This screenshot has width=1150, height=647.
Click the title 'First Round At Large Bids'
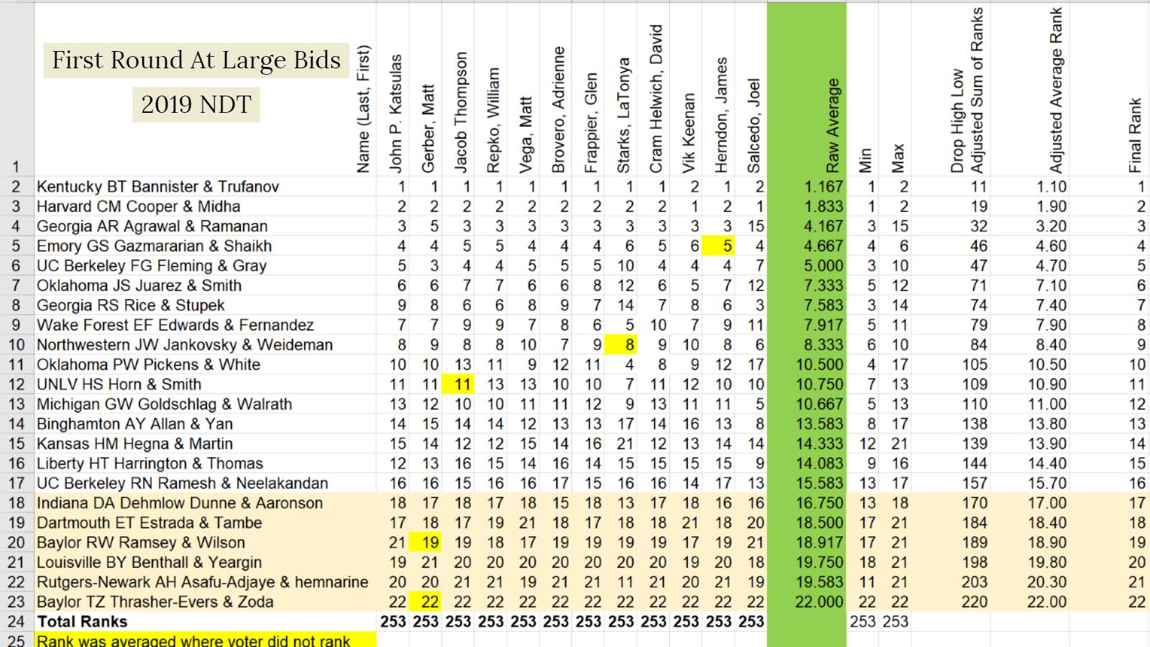[x=196, y=60]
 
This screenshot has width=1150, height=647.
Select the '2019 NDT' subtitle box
[x=195, y=104]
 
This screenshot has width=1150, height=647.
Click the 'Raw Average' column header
[x=832, y=126]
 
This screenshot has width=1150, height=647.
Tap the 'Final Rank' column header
[x=1135, y=135]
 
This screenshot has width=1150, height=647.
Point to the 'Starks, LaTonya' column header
[x=624, y=115]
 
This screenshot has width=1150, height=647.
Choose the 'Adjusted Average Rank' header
[x=1055, y=90]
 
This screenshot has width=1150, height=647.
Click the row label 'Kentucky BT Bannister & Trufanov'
[x=157, y=187]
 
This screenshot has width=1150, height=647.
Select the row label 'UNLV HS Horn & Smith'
[x=119, y=385]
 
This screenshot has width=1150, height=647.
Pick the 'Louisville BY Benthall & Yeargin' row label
[x=149, y=563]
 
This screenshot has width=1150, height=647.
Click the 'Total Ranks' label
[x=82, y=622]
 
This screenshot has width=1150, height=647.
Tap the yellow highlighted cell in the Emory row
[x=727, y=247]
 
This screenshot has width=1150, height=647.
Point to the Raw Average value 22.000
[x=819, y=602]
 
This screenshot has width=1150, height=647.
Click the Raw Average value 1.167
[x=824, y=187]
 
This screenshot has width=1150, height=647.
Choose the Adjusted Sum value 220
[x=975, y=602]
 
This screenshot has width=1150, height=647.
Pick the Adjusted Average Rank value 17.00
[x=1047, y=503]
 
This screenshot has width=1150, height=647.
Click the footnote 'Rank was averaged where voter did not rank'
[x=193, y=641]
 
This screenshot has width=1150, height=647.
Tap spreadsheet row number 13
[x=16, y=405]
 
